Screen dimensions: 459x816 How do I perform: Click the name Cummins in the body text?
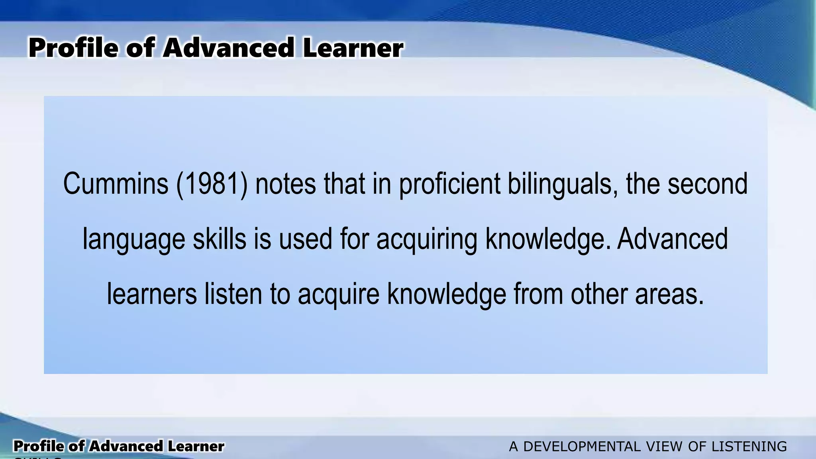pos(116,184)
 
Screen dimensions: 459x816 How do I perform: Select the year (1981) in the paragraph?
pos(212,184)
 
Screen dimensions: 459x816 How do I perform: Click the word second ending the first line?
pos(708,184)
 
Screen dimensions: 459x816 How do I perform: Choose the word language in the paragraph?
pos(134,239)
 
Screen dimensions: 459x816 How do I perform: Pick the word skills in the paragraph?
pos(220,239)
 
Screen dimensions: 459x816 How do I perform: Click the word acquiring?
pos(427,239)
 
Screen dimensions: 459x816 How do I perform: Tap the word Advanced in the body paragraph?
pos(673,239)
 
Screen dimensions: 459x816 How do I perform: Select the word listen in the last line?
pos(233,294)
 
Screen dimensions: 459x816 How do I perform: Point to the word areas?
pos(669,294)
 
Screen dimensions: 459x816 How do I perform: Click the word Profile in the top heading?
pos(73,48)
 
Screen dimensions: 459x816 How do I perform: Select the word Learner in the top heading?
pos(353,48)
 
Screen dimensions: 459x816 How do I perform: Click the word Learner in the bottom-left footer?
pos(195,446)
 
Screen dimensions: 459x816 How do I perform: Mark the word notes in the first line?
pos(285,184)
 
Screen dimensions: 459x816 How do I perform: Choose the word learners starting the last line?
pos(152,294)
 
